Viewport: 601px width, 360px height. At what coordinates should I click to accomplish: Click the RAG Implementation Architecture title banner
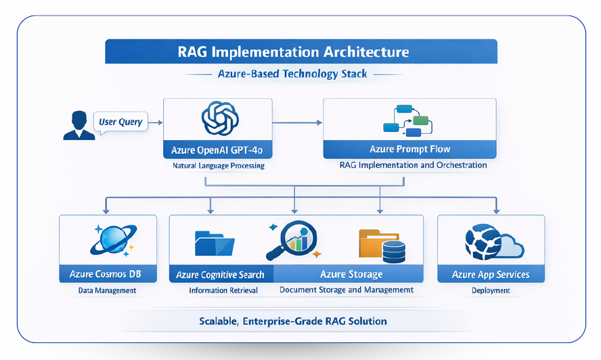301,51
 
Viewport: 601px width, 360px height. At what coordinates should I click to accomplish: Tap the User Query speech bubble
120,122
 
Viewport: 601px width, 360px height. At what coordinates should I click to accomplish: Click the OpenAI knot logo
217,119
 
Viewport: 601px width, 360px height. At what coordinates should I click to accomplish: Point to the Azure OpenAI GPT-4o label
217,149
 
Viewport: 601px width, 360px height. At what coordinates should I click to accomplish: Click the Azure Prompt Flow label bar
409,149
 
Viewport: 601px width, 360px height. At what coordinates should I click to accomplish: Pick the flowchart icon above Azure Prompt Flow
407,119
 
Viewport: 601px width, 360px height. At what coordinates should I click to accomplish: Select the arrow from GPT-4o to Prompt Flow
297,122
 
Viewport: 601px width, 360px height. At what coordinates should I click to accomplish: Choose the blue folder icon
214,243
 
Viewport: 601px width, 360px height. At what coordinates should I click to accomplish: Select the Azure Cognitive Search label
221,275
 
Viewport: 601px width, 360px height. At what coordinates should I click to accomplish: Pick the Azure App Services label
491,275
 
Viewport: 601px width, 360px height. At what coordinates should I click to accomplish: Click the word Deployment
491,290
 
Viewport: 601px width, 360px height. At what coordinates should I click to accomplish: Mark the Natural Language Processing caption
217,165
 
